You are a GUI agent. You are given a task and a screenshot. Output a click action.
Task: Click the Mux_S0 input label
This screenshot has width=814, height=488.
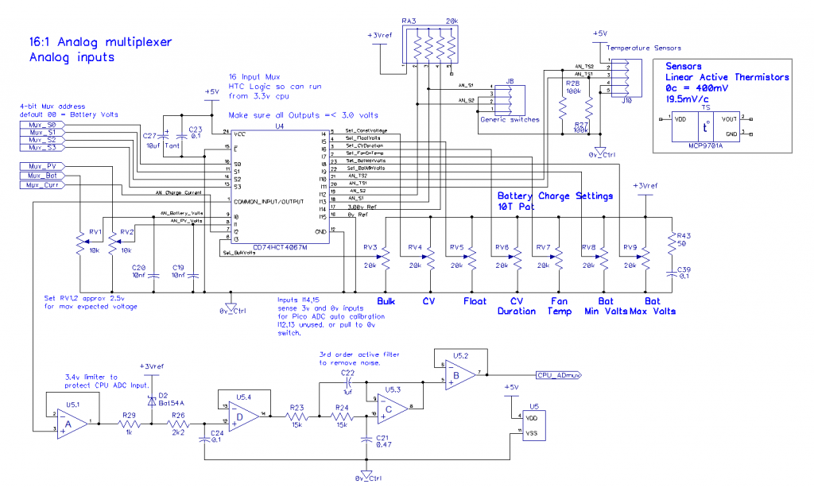[x=41, y=126]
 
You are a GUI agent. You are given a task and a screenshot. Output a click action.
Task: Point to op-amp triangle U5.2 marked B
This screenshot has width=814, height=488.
[x=458, y=374]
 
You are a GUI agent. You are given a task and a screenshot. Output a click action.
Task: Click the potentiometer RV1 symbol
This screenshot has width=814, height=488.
[x=80, y=242]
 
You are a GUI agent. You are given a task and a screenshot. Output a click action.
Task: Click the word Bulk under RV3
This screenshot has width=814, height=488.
[x=386, y=301]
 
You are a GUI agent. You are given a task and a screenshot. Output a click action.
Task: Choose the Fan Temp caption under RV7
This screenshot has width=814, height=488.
[x=559, y=306]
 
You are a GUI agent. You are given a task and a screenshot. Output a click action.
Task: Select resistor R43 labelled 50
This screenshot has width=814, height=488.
[x=673, y=240]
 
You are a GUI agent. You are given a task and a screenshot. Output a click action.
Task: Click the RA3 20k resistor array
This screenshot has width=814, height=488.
[x=429, y=44]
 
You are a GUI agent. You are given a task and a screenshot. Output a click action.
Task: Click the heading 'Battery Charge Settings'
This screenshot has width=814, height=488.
[x=555, y=196]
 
